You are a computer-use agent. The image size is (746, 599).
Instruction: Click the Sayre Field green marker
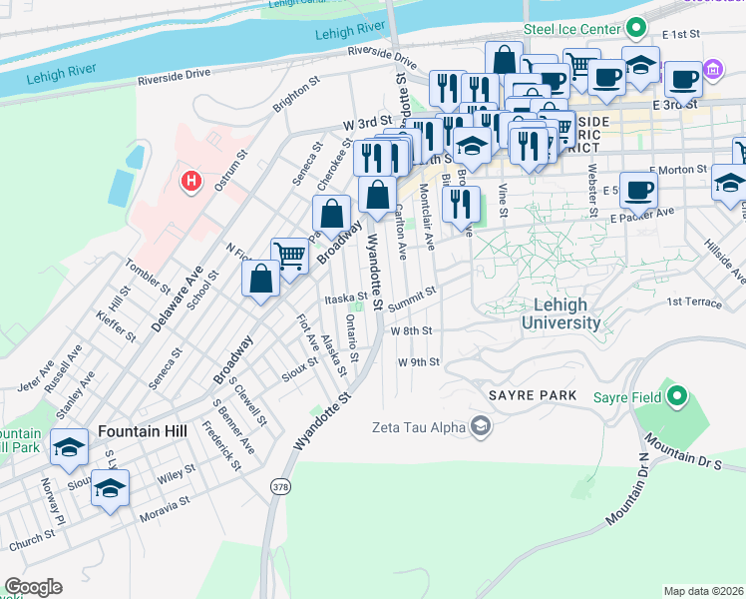(679, 397)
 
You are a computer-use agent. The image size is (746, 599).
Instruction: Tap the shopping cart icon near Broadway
(289, 255)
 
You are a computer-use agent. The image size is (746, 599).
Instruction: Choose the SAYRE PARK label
(533, 395)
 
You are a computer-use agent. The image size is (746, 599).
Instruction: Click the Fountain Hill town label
(141, 430)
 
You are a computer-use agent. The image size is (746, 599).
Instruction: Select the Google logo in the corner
(33, 586)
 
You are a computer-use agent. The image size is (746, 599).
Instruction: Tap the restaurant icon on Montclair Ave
(460, 205)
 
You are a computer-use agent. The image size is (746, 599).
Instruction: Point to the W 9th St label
(418, 362)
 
